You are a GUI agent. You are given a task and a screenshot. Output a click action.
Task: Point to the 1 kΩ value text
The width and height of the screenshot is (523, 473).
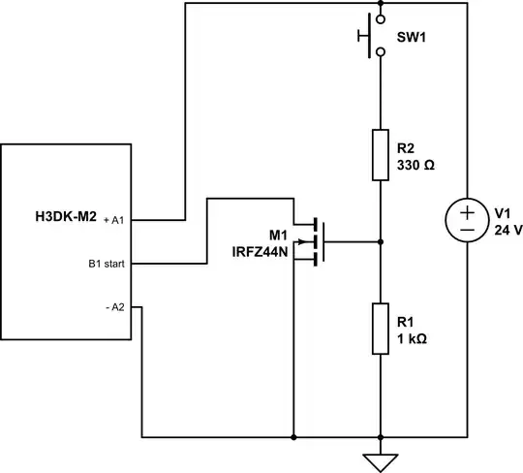click(413, 340)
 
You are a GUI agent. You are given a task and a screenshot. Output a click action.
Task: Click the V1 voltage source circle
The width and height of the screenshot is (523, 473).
click(466, 221)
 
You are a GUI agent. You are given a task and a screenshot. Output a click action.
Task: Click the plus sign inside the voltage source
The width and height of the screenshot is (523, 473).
click(466, 212)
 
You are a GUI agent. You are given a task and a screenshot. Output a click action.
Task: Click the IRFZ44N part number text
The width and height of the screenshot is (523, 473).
click(261, 251)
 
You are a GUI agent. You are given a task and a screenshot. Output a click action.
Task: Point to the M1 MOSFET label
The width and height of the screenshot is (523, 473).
click(279, 236)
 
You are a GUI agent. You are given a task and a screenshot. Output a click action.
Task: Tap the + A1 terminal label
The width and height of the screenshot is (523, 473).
click(114, 220)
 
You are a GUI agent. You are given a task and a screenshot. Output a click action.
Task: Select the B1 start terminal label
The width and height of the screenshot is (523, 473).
click(108, 263)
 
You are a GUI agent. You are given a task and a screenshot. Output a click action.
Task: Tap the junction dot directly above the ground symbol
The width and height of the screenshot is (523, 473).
click(382, 437)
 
